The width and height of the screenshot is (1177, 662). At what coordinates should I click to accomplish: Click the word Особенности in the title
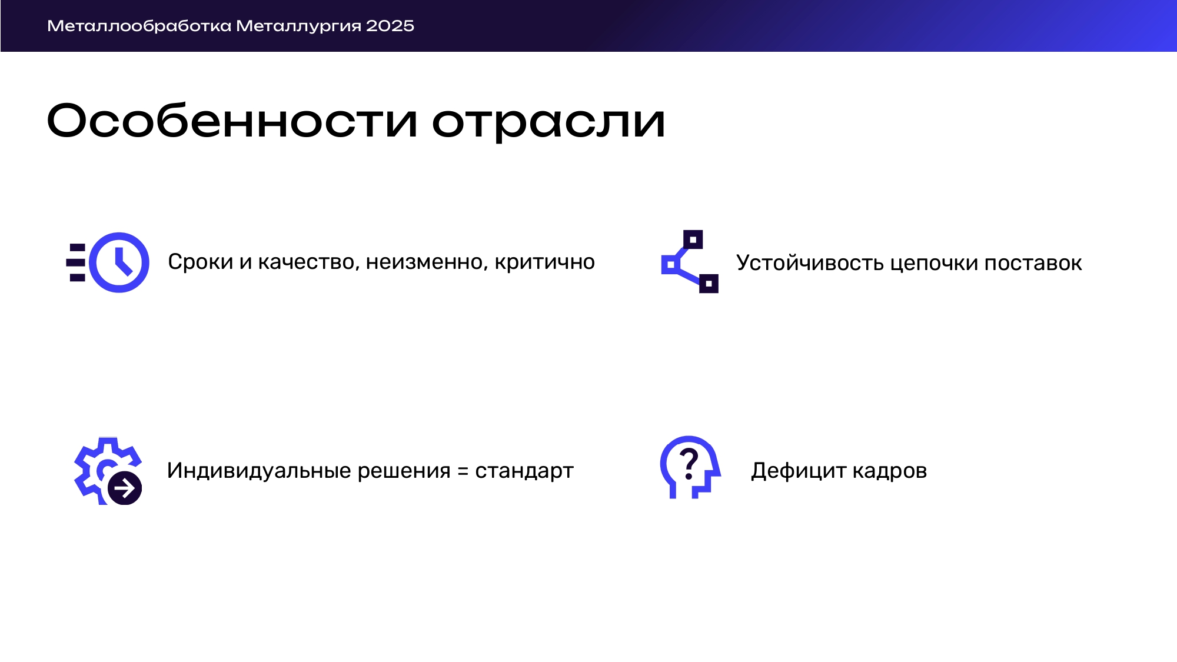[x=232, y=121]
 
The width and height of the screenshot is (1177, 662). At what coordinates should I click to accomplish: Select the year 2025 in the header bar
[x=390, y=26]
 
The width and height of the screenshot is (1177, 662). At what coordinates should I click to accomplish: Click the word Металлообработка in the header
[x=139, y=26]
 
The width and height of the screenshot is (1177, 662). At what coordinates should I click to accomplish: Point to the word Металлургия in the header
[x=298, y=26]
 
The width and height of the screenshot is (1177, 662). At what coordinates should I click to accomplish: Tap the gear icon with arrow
[x=108, y=471]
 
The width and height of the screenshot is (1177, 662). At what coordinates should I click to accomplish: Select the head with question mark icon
[x=690, y=467]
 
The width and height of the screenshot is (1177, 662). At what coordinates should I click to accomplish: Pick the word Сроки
[x=201, y=262]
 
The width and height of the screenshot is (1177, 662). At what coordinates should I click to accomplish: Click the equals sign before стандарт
[x=463, y=471]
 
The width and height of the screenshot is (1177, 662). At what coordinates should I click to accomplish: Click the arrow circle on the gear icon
[x=125, y=488]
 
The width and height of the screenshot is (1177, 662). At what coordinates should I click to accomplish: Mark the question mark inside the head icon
[x=689, y=463]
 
